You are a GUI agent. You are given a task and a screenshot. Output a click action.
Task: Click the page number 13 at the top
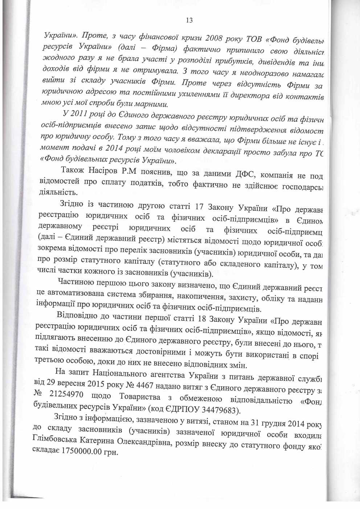pyautogui.click(x=189, y=20)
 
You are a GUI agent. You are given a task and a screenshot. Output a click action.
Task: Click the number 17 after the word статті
pyautogui.click(x=199, y=207)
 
